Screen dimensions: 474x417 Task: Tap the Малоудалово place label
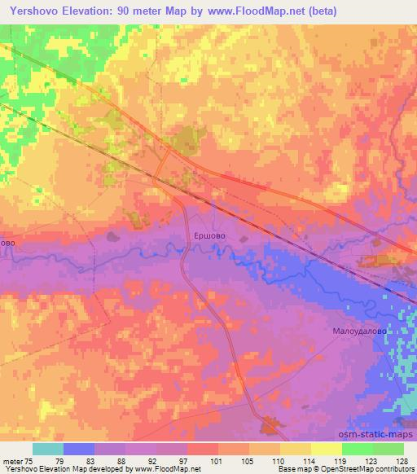point(358,331)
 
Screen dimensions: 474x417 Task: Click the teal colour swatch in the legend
point(48,449)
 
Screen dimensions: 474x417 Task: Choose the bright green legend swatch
point(358,449)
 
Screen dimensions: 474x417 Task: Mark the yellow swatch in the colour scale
point(296,449)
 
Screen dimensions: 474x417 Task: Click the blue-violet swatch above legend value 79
point(79,449)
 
